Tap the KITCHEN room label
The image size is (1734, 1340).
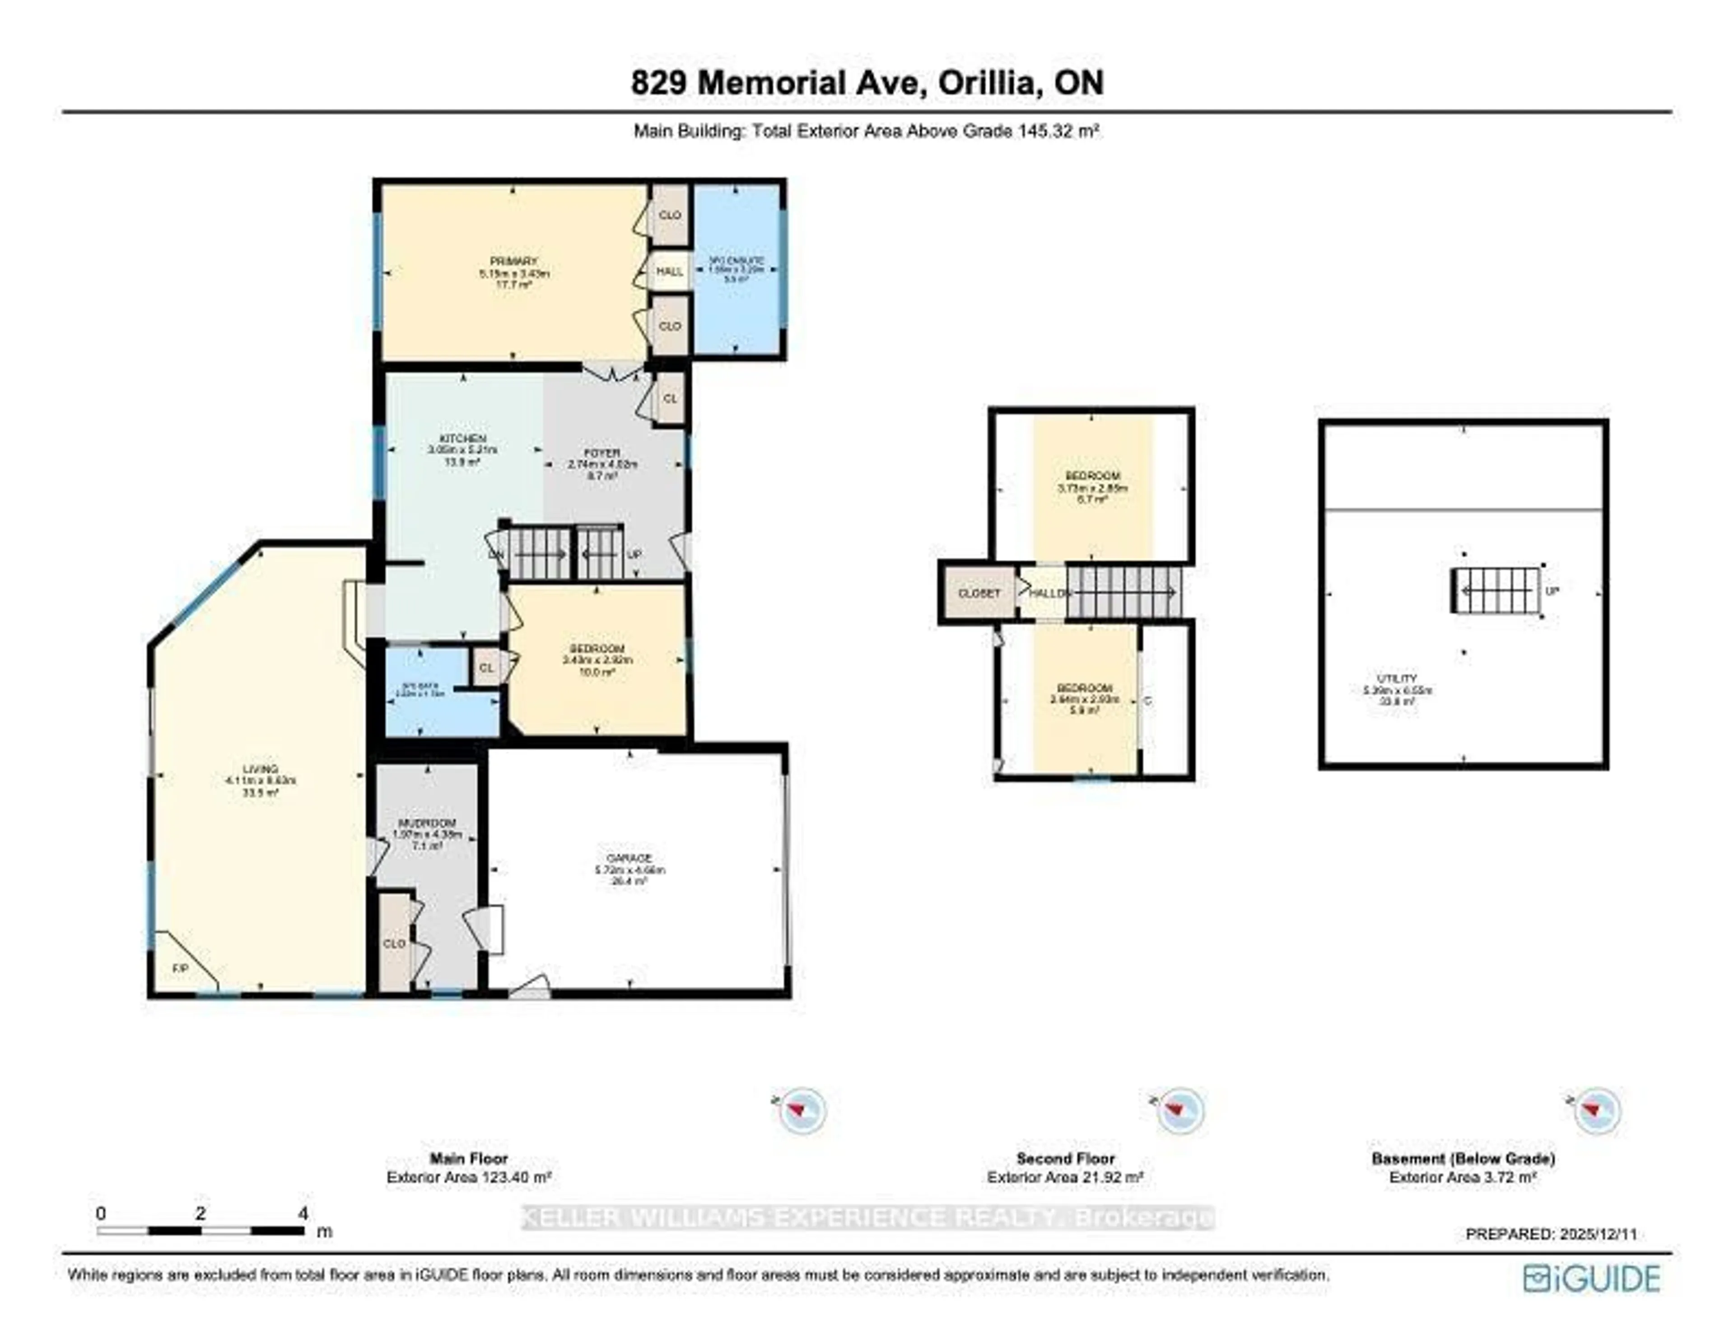(x=463, y=439)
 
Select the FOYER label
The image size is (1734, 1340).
(x=603, y=453)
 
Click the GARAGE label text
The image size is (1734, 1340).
(x=629, y=858)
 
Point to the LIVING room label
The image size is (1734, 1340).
(x=261, y=769)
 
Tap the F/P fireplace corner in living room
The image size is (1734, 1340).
(x=181, y=969)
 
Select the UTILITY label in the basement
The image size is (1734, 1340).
(x=1397, y=678)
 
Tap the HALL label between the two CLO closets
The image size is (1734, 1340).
(x=669, y=271)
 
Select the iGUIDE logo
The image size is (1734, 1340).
(x=1591, y=1278)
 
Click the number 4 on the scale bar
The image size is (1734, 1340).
(x=303, y=1213)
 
